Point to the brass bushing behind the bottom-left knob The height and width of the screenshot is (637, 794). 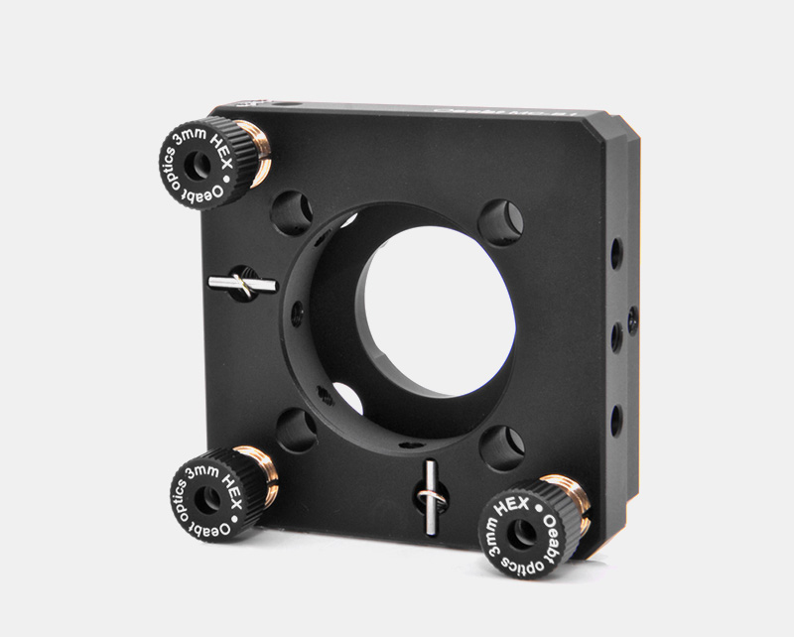265,476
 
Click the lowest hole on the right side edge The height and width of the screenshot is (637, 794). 616,420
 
